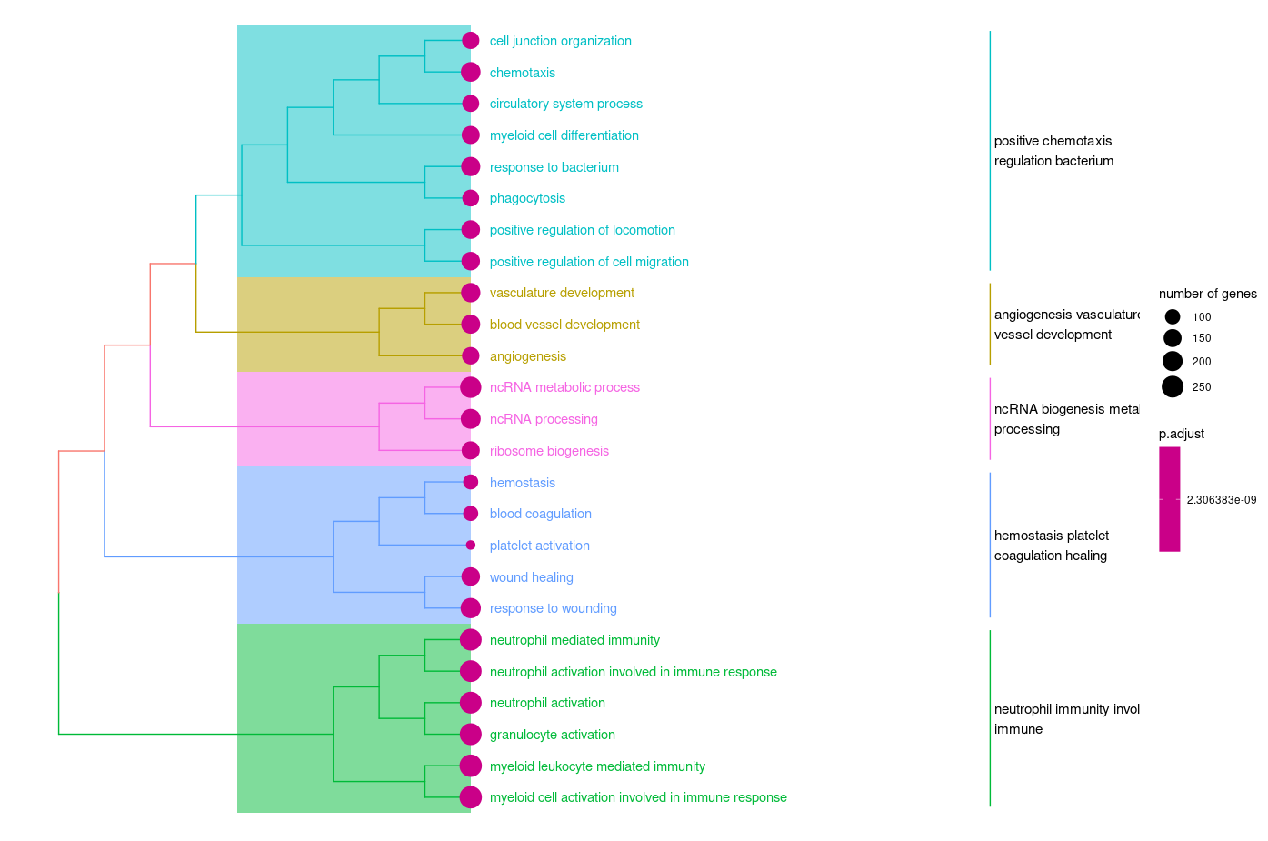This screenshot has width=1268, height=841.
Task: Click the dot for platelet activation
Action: (471, 546)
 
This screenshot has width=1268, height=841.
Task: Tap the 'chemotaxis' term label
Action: (522, 73)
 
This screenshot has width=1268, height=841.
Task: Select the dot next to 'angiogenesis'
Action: (471, 356)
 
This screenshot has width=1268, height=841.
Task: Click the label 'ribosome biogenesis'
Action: (549, 451)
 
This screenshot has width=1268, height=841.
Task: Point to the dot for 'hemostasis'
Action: (471, 483)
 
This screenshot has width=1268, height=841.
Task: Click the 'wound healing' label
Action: (531, 577)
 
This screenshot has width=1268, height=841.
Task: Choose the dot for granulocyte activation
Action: (471, 735)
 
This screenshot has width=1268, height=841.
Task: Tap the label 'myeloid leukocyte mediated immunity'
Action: (597, 766)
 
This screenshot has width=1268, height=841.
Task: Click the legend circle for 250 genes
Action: (1173, 387)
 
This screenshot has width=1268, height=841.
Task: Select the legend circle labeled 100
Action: (1173, 317)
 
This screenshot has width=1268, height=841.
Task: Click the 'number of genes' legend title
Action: (1207, 294)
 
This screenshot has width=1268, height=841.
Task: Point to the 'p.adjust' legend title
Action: (1181, 434)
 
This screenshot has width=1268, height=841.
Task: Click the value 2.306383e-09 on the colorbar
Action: (1221, 500)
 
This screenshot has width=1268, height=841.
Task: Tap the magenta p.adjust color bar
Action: (1170, 499)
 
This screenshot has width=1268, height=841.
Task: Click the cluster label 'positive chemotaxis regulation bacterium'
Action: (1053, 151)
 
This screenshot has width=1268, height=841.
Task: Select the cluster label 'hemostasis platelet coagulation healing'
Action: (1051, 546)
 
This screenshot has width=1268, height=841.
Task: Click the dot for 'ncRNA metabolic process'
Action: (471, 387)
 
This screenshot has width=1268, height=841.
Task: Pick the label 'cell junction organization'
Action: (560, 41)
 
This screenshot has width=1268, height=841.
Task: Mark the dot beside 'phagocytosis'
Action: (471, 198)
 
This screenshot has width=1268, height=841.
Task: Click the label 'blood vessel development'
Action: (564, 325)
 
